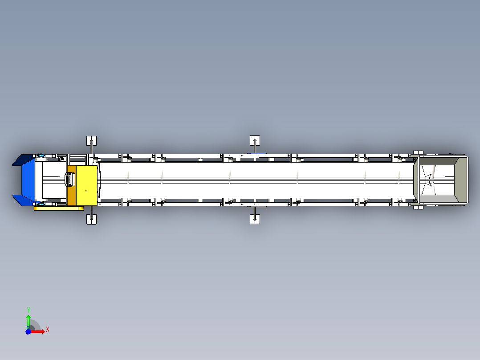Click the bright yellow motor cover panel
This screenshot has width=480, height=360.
[87, 185]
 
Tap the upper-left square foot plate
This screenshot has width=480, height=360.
[92, 141]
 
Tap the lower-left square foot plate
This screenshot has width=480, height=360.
[92, 219]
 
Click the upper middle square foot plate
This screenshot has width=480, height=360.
[255, 141]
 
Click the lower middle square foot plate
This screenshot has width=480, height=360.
[255, 219]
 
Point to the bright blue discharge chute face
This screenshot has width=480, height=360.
[28, 180]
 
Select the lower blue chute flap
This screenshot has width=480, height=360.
[23, 200]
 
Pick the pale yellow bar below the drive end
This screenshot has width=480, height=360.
[58, 209]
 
